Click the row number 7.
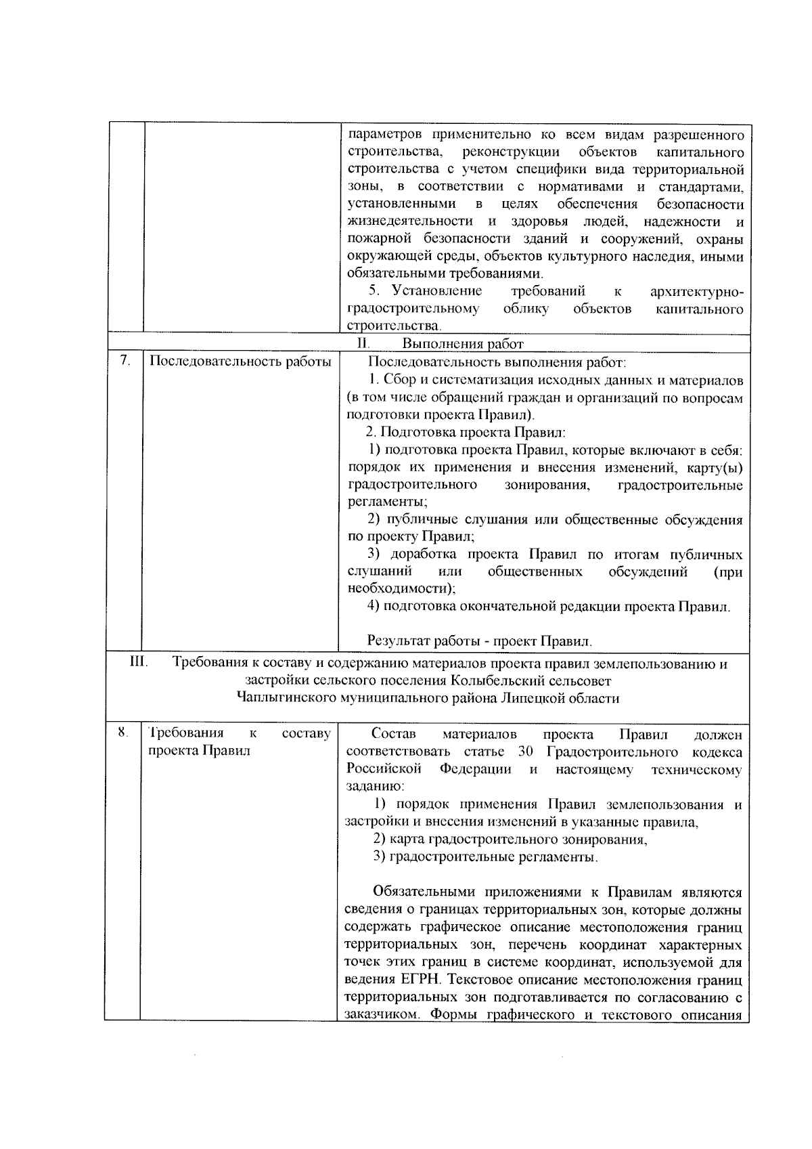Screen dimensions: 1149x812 tap(125, 361)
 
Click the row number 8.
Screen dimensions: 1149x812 tap(122, 732)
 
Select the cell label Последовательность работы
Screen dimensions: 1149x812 tap(240, 362)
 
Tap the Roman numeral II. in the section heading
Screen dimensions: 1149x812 tap(361, 344)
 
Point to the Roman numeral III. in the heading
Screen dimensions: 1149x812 tap(139, 664)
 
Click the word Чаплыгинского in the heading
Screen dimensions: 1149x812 tap(287, 698)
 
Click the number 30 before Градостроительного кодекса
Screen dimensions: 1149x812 tap(526, 752)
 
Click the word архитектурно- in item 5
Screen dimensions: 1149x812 tap(696, 291)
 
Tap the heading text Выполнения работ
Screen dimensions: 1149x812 tap(463, 344)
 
